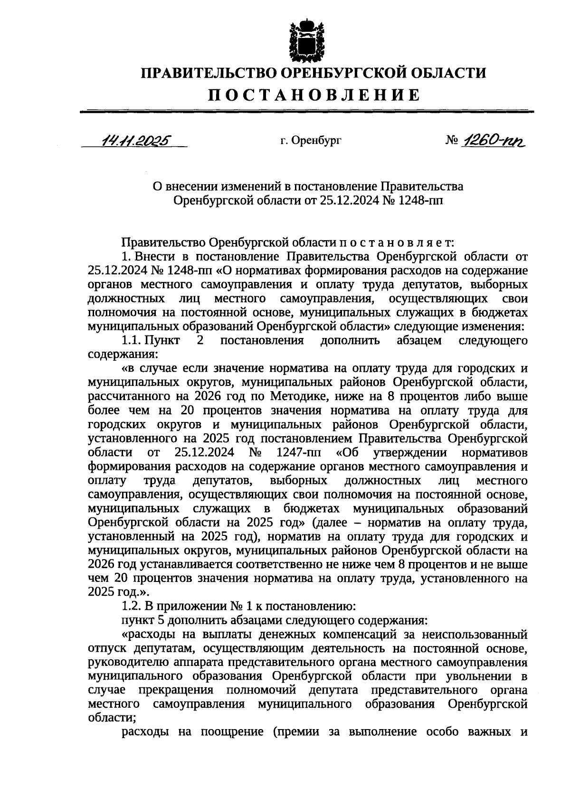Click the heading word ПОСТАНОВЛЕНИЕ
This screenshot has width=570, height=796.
point(313,95)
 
